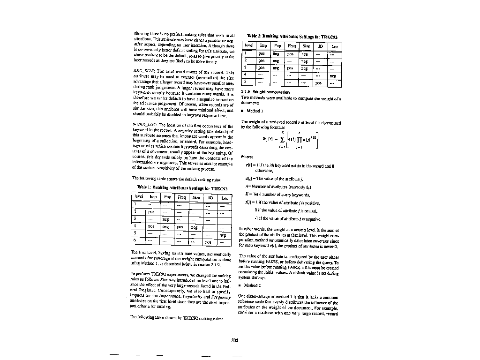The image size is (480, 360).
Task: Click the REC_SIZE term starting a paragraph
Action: coord(142,72)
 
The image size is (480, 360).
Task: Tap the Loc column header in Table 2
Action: coord(334,46)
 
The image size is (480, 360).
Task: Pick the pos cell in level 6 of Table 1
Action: coord(208,242)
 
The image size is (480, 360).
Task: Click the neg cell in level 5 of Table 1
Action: coord(223,235)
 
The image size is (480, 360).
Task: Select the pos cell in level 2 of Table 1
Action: coord(151,212)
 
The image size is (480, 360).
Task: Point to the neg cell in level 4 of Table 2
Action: coord(332,75)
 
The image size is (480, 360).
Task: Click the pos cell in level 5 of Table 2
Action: coord(319,82)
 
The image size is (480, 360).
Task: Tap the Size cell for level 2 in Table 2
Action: coord(305,61)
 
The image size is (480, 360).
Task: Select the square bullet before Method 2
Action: coord(240,285)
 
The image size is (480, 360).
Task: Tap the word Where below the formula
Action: coord(247,157)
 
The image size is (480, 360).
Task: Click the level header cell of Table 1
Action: coord(139,198)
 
